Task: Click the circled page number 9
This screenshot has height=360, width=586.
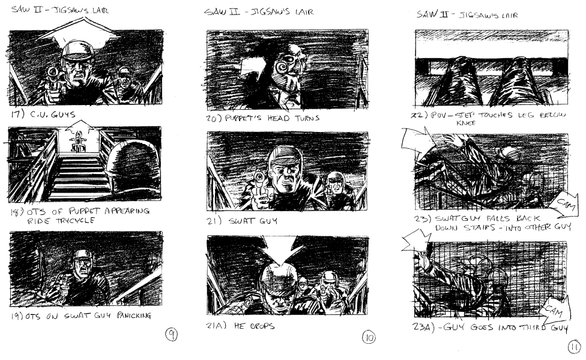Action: tap(171, 334)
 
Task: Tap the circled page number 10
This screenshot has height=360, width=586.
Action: tap(369, 338)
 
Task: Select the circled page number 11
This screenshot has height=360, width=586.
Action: tap(575, 347)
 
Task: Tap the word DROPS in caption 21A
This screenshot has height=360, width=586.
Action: tap(262, 326)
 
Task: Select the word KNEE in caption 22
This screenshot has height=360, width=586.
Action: tap(466, 122)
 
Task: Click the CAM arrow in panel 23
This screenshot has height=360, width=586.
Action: tap(563, 204)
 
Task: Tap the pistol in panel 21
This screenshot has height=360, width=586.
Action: tap(259, 184)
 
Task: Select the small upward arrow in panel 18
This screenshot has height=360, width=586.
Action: tap(79, 126)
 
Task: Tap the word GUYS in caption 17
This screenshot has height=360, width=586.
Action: tap(63, 114)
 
